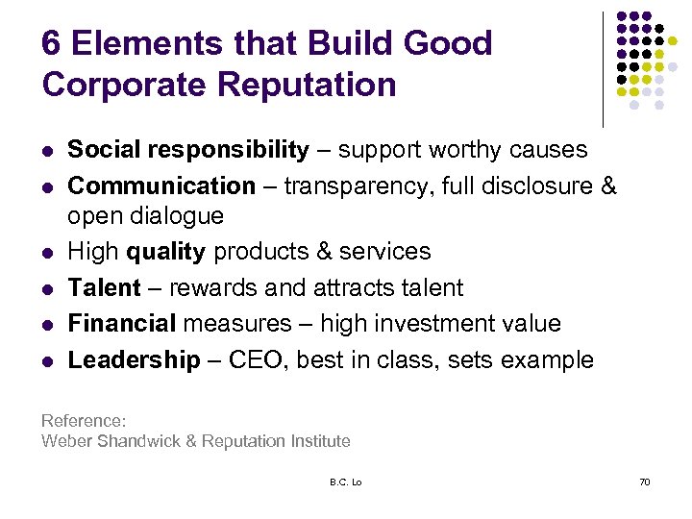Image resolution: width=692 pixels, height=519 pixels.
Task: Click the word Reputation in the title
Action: coord(307,85)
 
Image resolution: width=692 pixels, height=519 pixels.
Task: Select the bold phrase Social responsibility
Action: coord(188,150)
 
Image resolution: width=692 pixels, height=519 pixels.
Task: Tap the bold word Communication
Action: coord(161,185)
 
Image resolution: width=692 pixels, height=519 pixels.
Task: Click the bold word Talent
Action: coord(104,287)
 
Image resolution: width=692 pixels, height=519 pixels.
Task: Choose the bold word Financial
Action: coord(122,323)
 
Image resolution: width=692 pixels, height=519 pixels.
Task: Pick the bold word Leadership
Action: coord(134,360)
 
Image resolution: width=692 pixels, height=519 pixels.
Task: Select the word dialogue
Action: coord(181,216)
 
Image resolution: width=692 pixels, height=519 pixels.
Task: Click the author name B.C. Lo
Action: coord(343,482)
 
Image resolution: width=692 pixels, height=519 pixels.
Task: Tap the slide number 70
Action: coord(644,482)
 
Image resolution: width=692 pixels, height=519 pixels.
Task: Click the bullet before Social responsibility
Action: coord(47,151)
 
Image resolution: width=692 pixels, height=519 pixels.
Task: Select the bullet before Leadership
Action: coord(47,361)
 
